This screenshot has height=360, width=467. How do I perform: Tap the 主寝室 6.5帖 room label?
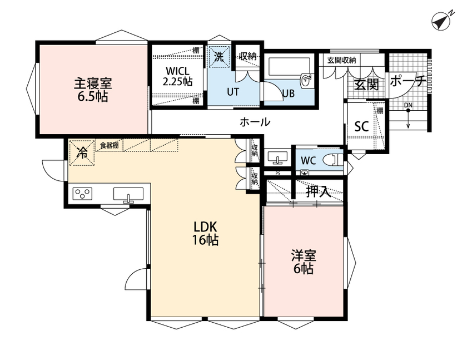click(x=93, y=90)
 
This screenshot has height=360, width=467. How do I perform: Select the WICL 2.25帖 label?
click(x=178, y=76)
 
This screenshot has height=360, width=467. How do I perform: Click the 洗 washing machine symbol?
click(x=220, y=56)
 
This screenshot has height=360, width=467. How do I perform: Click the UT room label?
click(x=233, y=92)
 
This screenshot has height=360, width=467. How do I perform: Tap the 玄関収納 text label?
click(x=341, y=60)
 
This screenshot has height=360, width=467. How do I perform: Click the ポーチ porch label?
click(x=408, y=81)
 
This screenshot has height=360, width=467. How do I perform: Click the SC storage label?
click(x=361, y=126)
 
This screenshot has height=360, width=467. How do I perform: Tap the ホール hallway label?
click(x=255, y=122)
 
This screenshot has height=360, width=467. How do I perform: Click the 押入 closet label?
click(x=319, y=192)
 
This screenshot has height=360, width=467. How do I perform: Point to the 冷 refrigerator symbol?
click(x=82, y=152)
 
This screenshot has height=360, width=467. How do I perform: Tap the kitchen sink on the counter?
click(x=128, y=194)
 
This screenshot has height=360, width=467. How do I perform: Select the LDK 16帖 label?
click(x=205, y=233)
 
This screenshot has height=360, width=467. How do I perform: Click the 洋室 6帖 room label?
click(x=304, y=262)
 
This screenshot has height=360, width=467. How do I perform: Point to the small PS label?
click(x=277, y=173)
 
